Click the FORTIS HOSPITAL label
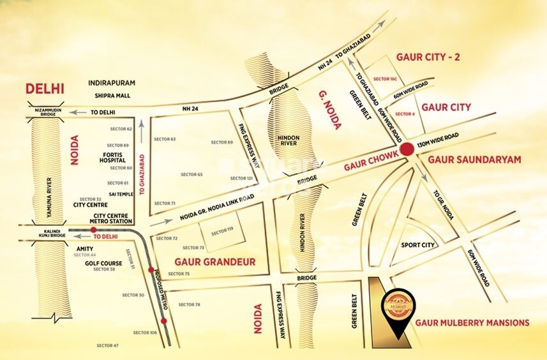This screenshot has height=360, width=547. coord(115,158)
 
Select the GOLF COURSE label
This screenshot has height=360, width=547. coord(103,262)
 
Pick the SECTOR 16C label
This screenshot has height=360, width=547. coord(386,79)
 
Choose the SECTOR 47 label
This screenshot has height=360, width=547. coord(107,345)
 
